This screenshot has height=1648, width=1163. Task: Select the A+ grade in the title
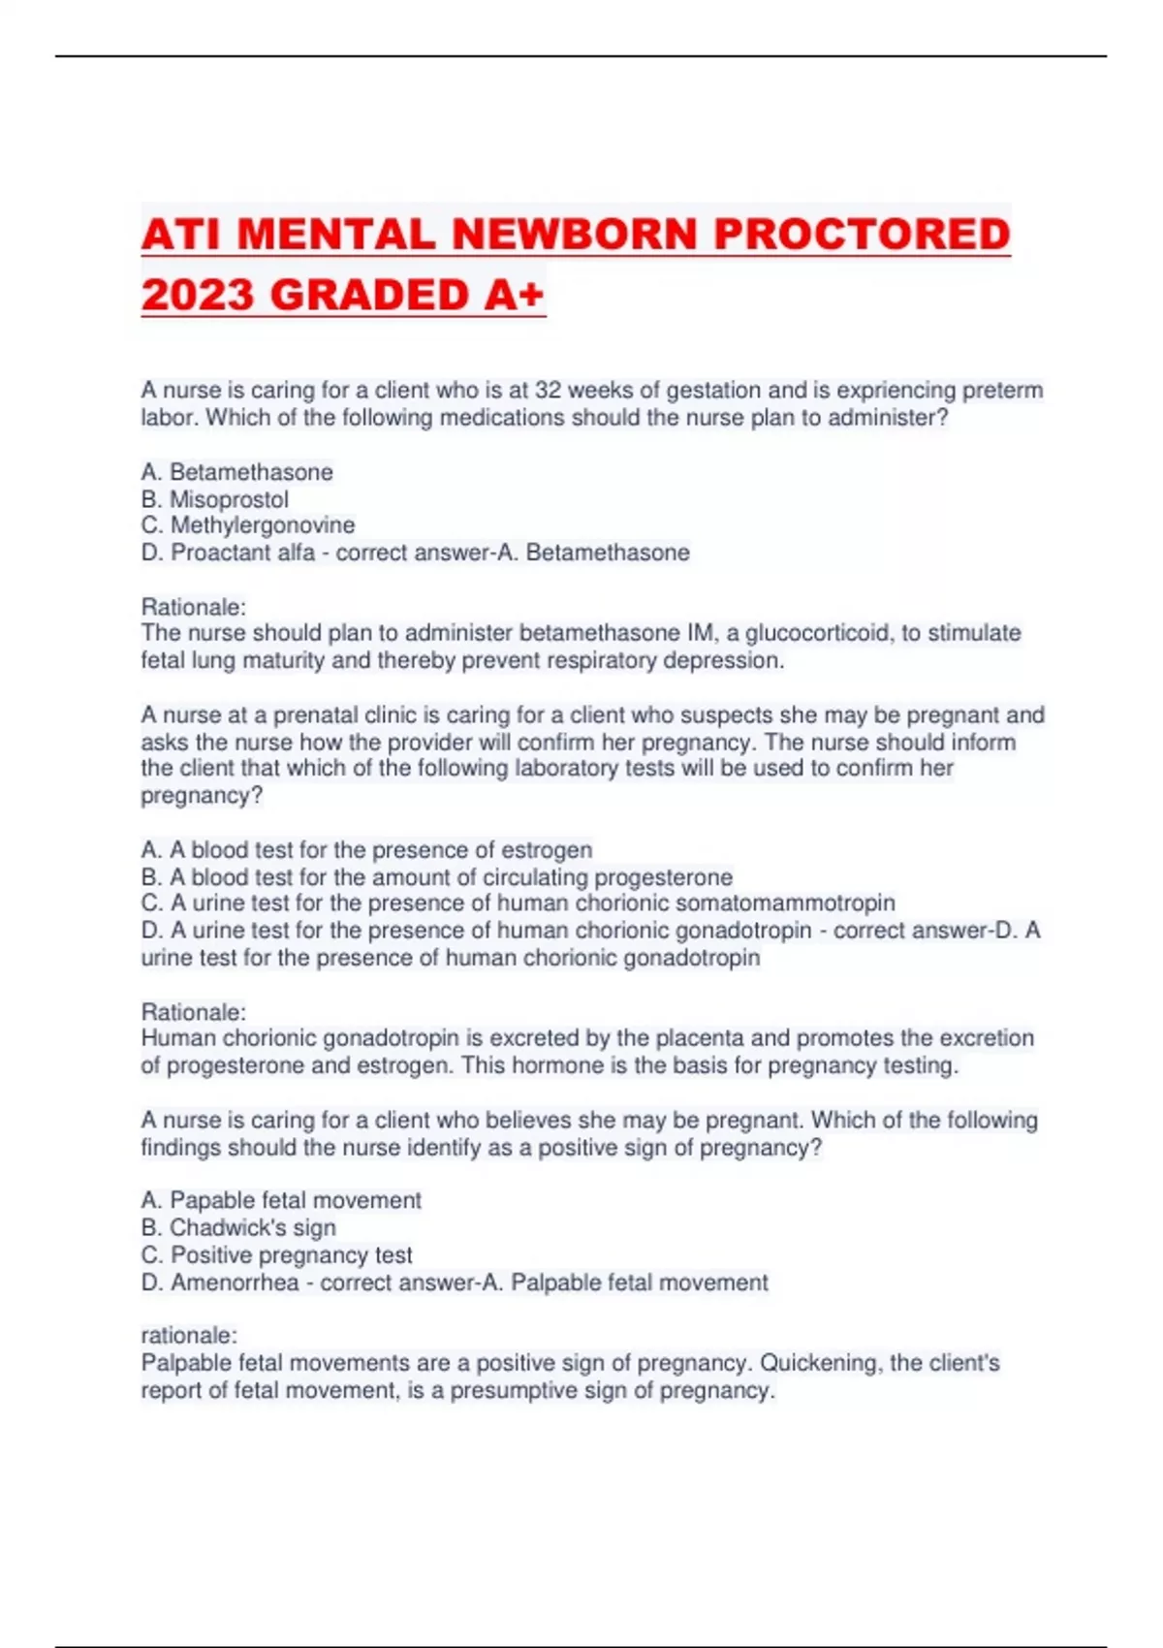tap(513, 295)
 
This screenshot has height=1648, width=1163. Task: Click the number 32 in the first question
tap(549, 391)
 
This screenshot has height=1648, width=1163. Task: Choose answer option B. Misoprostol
tap(215, 499)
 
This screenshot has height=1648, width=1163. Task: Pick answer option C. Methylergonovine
tap(248, 525)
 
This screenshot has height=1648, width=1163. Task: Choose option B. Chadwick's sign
tap(239, 1228)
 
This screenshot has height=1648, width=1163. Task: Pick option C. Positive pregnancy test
tap(277, 1255)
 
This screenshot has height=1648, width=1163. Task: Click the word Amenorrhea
tap(235, 1283)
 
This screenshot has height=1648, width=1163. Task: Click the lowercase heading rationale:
tap(189, 1336)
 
